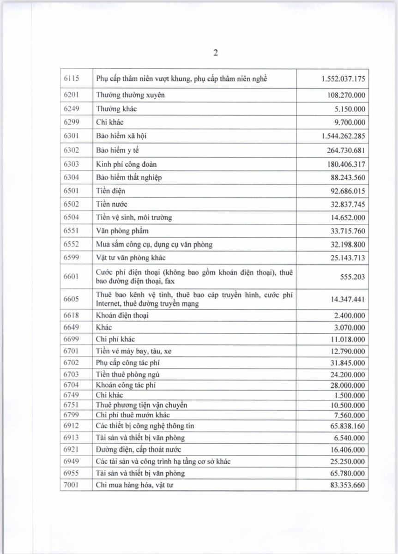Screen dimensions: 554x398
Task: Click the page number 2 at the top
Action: pyautogui.click(x=216, y=53)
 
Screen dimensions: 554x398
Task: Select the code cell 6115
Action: pyautogui.click(x=72, y=78)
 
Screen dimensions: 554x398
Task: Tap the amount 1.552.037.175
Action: pyautogui.click(x=343, y=78)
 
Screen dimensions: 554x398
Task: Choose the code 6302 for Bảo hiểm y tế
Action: pyautogui.click(x=72, y=150)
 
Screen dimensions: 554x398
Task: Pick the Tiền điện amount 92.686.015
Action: pyautogui.click(x=346, y=191)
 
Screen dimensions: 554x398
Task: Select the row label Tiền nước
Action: pyautogui.click(x=112, y=204)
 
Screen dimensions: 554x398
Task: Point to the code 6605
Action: pyautogui.click(x=72, y=299)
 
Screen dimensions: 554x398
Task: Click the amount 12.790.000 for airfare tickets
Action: pyautogui.click(x=346, y=351)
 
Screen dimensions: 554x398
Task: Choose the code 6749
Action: pyautogui.click(x=72, y=395)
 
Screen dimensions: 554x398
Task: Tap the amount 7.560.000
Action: pyautogui.click(x=348, y=415)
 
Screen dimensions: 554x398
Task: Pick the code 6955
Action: pyautogui.click(x=72, y=473)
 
